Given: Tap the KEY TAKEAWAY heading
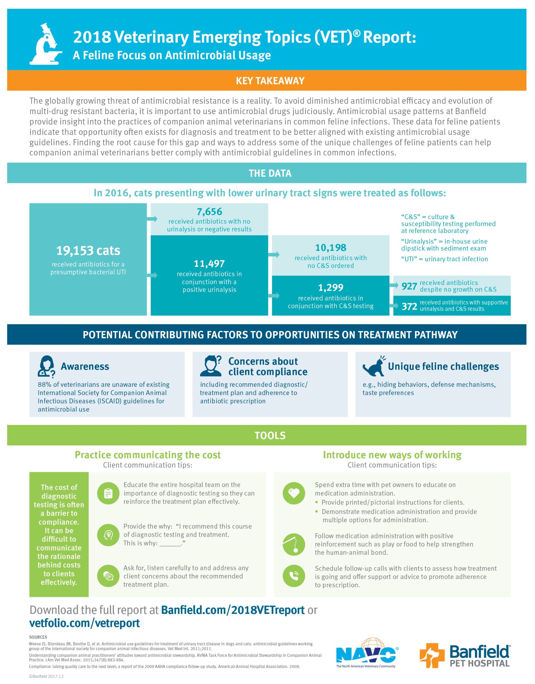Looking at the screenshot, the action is (270, 81).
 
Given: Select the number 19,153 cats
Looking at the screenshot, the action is (88, 251).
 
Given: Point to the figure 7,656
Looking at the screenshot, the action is (209, 212).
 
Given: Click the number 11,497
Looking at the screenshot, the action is (209, 264).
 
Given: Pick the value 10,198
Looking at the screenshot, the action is (331, 248).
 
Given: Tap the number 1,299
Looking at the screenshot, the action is (331, 287).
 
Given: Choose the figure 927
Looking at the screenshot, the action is (409, 286).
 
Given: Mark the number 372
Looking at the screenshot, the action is (409, 306).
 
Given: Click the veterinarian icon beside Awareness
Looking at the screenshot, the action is (46, 366).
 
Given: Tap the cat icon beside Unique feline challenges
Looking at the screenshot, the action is (374, 366).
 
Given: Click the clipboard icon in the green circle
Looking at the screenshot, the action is (108, 493).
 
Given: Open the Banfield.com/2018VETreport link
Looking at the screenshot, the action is (233, 610).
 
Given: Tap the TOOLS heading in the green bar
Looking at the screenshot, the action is (270, 435).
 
